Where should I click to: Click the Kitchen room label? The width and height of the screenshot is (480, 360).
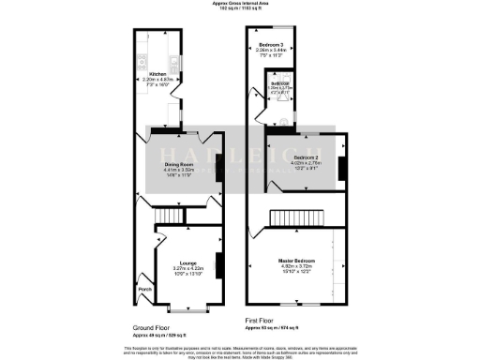pos(157,71)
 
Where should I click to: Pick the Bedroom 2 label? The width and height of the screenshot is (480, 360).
pos(307,157)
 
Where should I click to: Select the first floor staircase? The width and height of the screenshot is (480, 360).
pos(298,218)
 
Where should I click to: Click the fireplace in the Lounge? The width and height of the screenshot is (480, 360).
pos(218,266)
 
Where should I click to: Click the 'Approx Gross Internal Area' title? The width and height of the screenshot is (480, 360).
pos(240,5)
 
